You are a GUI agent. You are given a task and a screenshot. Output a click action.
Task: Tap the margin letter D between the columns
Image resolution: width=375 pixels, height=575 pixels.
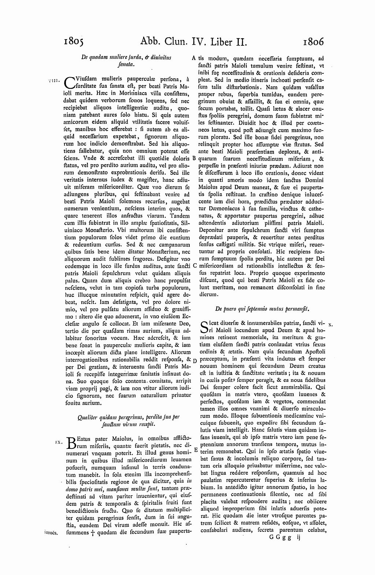[194, 361]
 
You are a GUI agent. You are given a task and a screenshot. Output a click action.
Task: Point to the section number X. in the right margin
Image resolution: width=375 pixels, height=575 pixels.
[330, 324]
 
